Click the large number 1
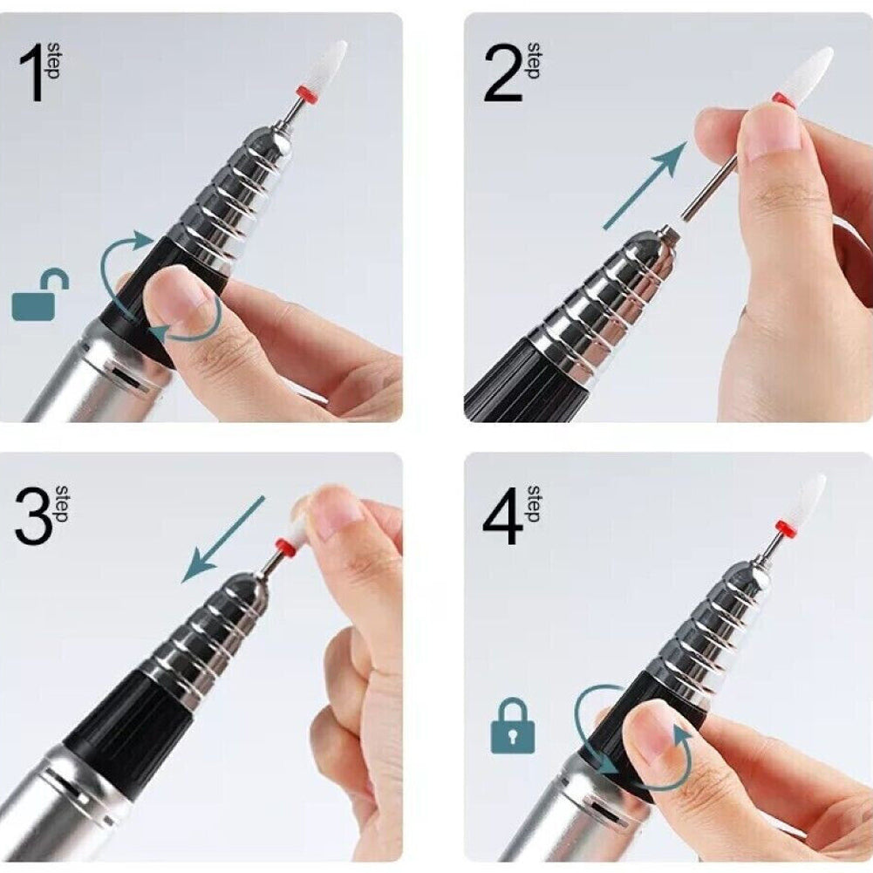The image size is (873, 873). (31, 73)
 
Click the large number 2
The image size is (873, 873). (503, 73)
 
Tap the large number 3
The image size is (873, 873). (35, 516)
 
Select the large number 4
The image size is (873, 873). (503, 516)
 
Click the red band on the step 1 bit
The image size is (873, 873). (309, 93)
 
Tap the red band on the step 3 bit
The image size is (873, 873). (286, 548)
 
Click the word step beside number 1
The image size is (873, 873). (53, 60)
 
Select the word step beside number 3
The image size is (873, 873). (63, 504)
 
